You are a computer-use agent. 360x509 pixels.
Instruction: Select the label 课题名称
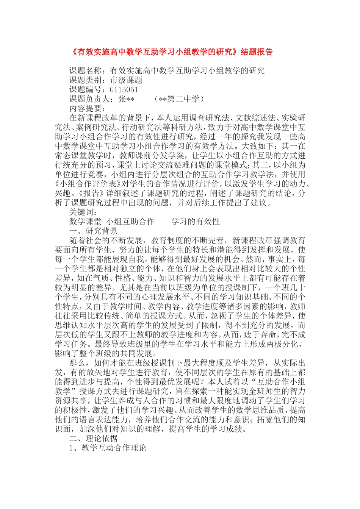click(x=85, y=71)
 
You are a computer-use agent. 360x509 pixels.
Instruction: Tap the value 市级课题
click(x=126, y=80)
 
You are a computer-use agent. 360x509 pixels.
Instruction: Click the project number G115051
click(x=124, y=90)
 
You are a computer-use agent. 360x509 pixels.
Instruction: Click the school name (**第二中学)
click(x=179, y=99)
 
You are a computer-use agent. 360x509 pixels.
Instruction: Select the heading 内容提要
click(x=85, y=109)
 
